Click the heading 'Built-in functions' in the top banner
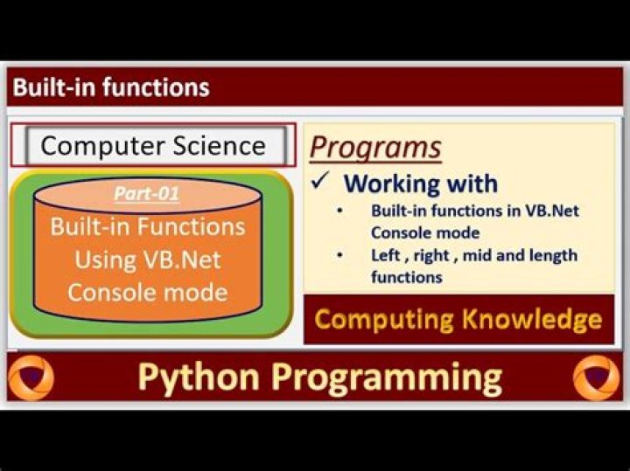(x=111, y=87)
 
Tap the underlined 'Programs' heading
(x=375, y=148)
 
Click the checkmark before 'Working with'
(x=320, y=181)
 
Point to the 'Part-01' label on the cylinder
(x=146, y=193)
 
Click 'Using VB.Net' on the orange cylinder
(x=148, y=260)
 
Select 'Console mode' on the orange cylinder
(x=148, y=293)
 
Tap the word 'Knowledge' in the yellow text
(x=532, y=319)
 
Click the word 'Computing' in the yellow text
(x=384, y=320)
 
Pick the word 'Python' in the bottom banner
(x=199, y=377)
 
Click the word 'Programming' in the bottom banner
(x=387, y=377)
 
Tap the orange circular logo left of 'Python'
(x=31, y=377)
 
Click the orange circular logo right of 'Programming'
(x=597, y=377)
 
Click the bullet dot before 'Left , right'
(x=340, y=255)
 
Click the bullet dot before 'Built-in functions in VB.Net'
(x=340, y=211)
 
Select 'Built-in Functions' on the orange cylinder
(x=148, y=226)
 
